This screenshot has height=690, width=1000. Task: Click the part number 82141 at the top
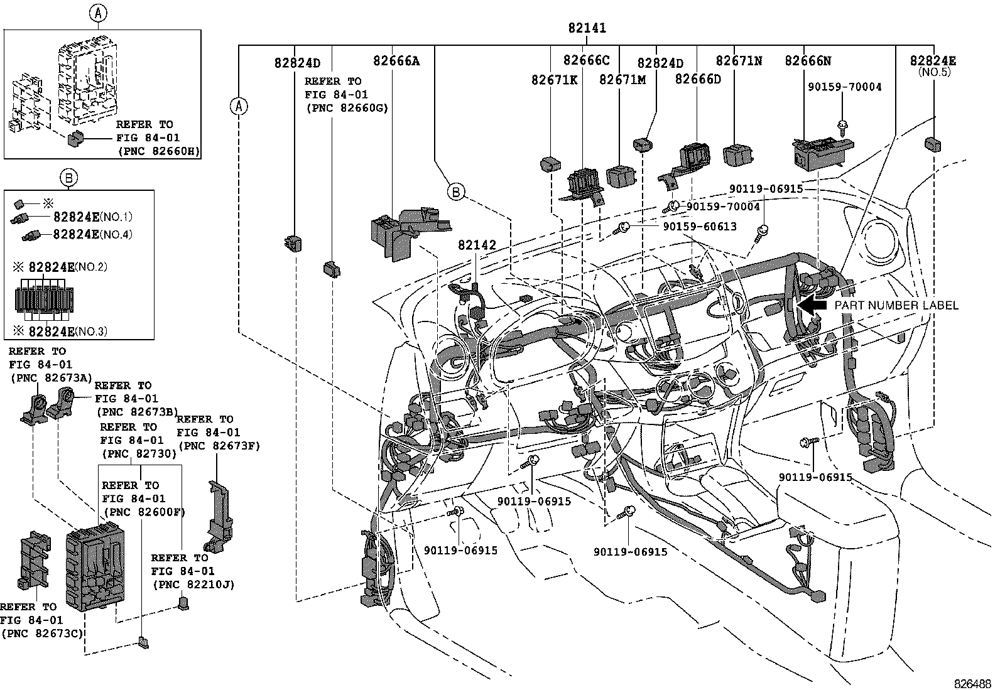587,28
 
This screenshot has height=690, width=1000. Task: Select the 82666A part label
396,61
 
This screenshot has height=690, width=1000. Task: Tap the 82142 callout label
477,245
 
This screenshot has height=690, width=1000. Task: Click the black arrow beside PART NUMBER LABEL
815,306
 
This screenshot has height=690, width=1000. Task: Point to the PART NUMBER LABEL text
896,306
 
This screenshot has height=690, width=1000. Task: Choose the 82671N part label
739,61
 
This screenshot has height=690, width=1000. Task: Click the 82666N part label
808,61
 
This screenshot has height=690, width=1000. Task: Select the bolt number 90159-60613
699,226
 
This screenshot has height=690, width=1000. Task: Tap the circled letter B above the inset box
69,178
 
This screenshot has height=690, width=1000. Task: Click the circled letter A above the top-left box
99,12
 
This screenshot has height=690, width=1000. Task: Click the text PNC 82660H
157,151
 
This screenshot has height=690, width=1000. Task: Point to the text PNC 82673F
219,446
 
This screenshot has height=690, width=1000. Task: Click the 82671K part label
554,80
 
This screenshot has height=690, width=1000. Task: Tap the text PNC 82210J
193,585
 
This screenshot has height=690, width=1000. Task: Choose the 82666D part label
698,80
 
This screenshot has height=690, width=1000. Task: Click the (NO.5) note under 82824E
933,72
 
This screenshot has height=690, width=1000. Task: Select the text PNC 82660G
347,108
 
